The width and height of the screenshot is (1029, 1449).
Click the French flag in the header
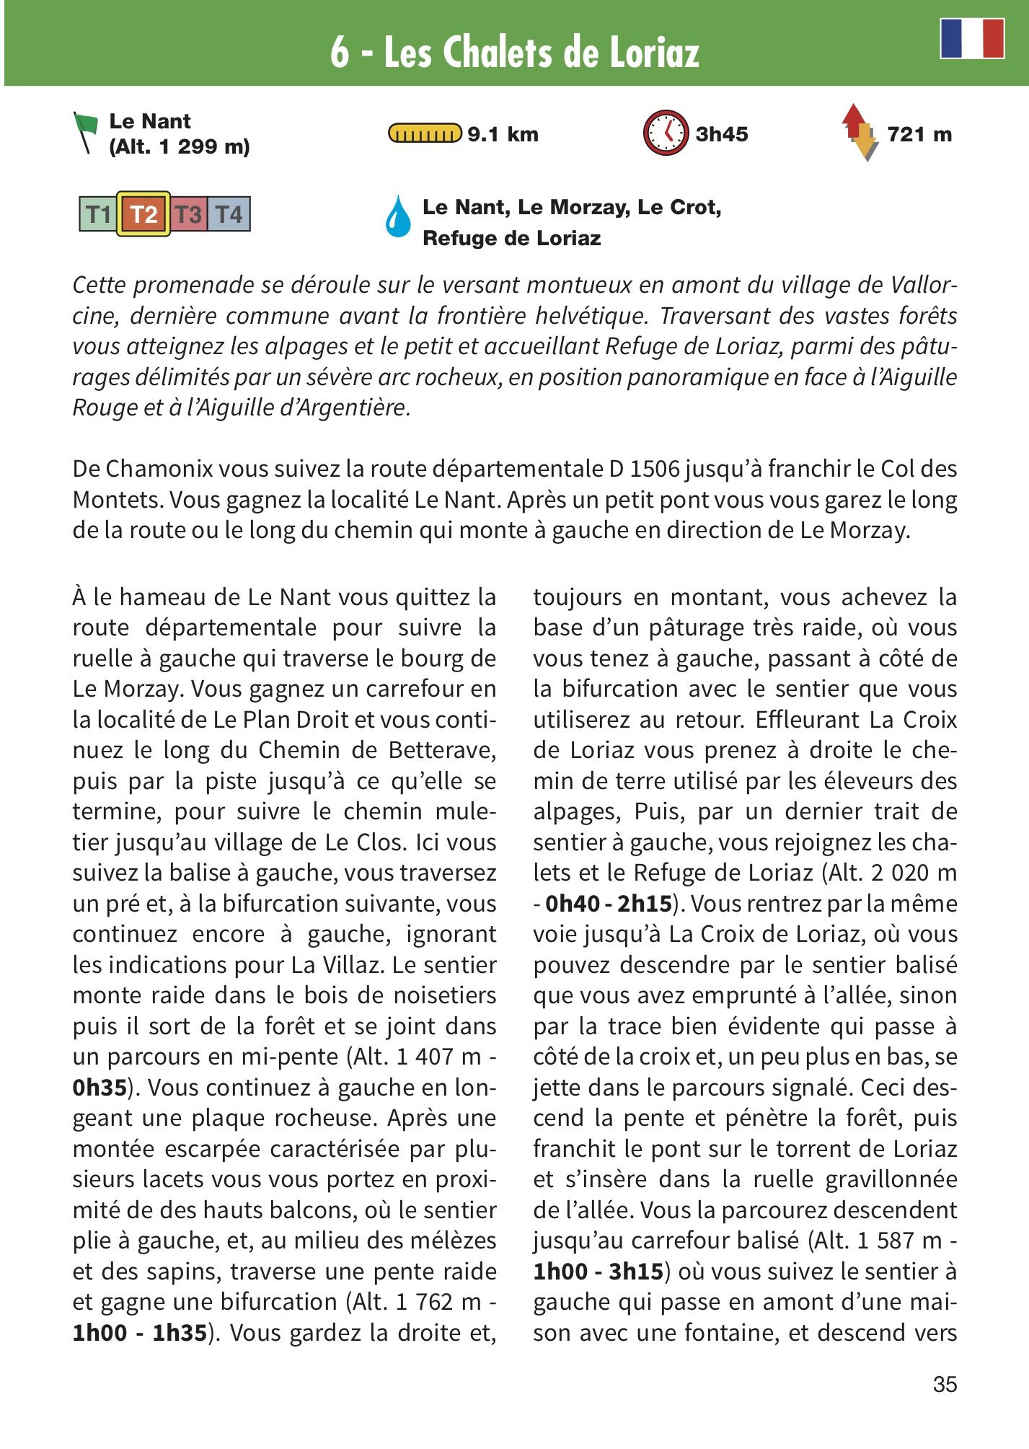(972, 38)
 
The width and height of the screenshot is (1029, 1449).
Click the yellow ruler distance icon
(425, 134)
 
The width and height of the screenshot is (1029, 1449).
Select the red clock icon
(664, 133)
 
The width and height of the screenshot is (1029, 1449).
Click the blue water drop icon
(397, 216)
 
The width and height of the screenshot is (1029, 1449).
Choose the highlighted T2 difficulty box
(143, 214)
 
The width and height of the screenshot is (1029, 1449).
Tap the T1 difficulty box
(98, 215)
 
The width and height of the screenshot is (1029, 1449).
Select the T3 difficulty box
(188, 215)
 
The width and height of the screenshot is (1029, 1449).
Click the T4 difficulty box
(229, 215)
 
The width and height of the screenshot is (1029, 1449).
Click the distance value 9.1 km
(503, 135)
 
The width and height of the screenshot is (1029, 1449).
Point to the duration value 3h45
(721, 135)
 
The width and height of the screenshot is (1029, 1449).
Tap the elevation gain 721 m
(919, 135)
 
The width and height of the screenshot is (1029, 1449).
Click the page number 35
(945, 1384)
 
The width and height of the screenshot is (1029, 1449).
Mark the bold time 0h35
(100, 1087)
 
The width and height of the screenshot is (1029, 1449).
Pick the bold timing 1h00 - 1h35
(140, 1332)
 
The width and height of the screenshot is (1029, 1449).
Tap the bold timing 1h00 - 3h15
(598, 1271)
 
